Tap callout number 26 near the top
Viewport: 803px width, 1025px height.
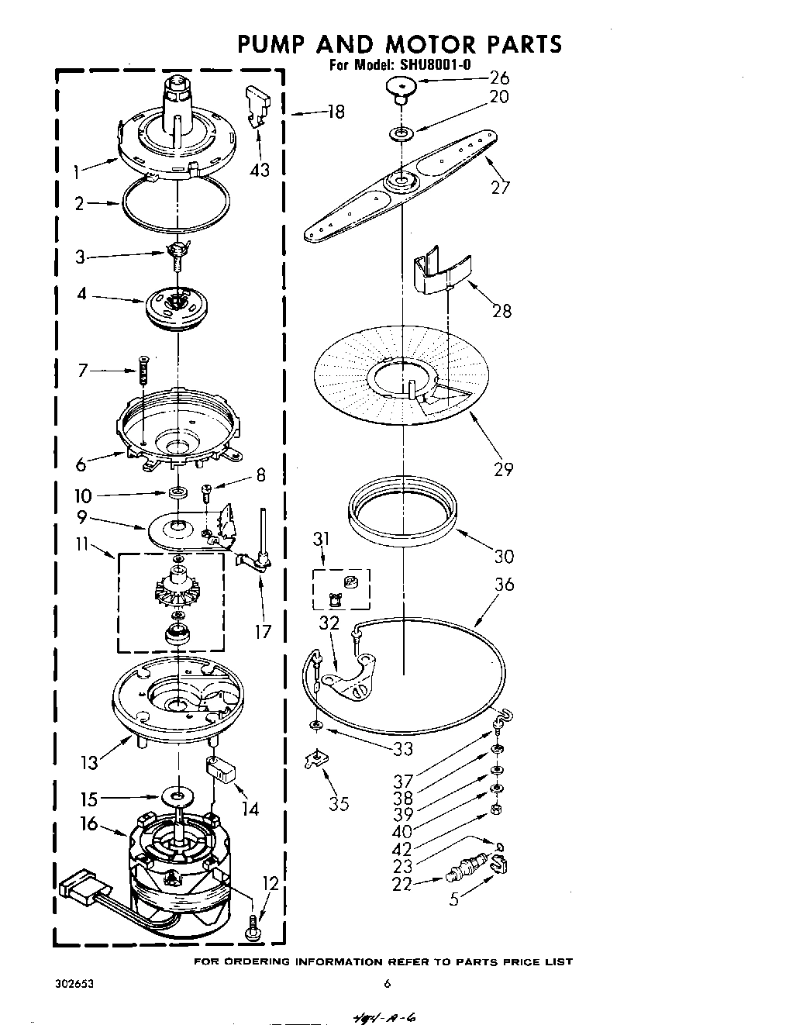click(x=499, y=78)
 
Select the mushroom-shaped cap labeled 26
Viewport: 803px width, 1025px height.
click(x=401, y=88)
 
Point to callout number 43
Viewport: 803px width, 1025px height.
click(x=260, y=170)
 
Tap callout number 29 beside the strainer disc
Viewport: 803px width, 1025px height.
click(x=503, y=469)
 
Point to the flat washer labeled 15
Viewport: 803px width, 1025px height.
click(x=179, y=796)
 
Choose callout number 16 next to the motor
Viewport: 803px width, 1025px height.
click(x=90, y=823)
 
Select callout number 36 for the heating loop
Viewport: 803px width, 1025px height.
click(x=504, y=584)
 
